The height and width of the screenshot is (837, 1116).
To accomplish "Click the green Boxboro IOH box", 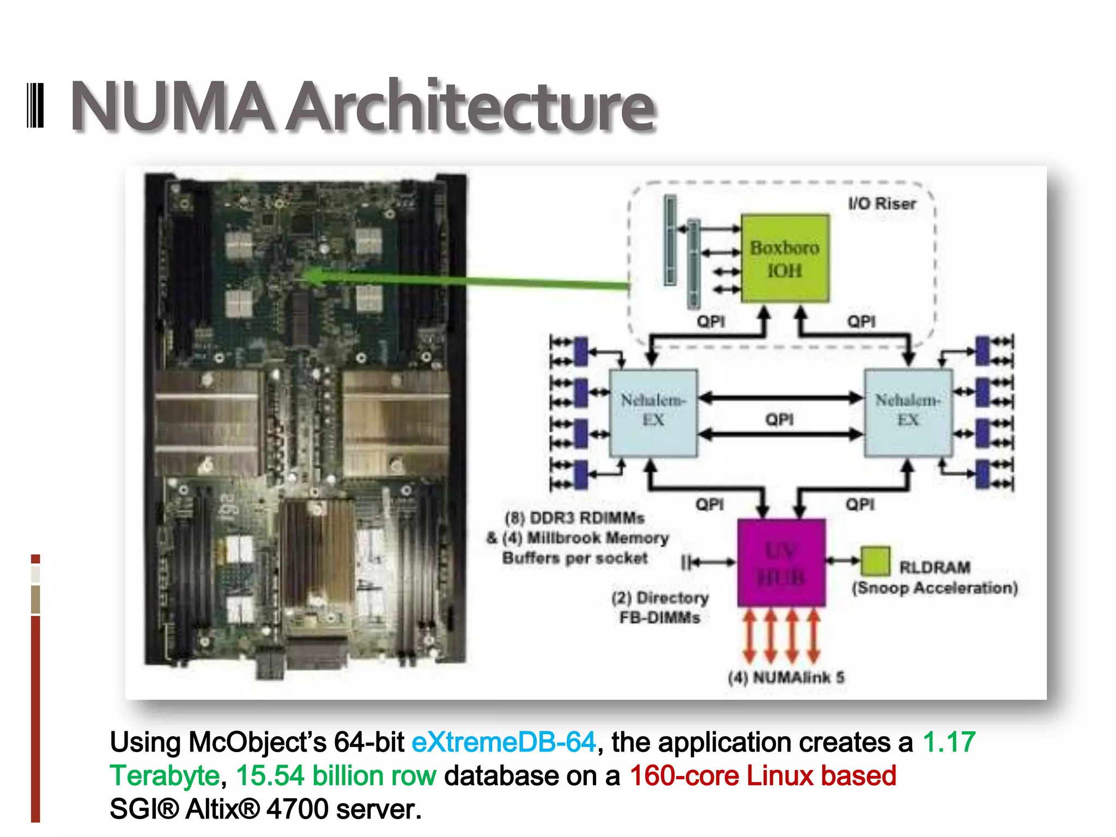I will click(785, 258).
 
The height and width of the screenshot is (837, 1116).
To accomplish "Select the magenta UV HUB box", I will click(781, 563).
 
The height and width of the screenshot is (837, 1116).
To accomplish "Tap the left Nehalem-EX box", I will click(653, 413).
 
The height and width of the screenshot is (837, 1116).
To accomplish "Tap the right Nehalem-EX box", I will click(908, 413).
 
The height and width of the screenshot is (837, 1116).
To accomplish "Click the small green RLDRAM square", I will click(875, 561).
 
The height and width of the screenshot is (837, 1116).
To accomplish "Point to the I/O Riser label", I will click(882, 204).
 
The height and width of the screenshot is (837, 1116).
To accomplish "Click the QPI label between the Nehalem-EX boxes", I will click(779, 419).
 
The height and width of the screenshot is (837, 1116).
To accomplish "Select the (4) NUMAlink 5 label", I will click(786, 677).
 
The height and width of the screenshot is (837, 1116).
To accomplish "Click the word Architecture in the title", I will click(471, 107).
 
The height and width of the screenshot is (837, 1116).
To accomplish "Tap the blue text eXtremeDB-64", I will click(504, 743).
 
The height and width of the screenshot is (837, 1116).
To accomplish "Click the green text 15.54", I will click(270, 776).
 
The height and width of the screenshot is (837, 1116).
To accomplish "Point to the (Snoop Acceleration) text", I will click(935, 588).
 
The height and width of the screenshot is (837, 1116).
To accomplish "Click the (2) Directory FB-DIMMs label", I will click(660, 608).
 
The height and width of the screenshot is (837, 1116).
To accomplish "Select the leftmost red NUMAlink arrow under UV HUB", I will click(749, 636).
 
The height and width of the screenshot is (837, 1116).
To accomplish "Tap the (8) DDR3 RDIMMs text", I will click(574, 518).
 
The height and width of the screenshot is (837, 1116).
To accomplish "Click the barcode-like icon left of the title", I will click(35, 105).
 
